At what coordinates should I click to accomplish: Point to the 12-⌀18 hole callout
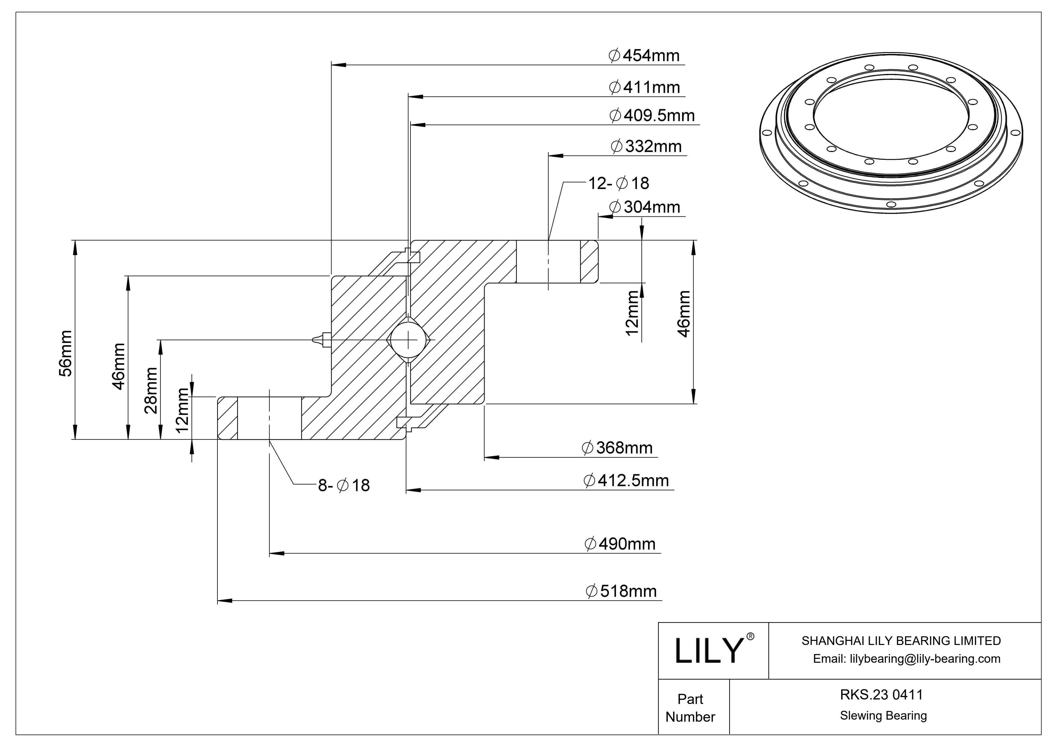pos(618,183)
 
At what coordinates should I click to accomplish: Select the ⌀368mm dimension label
pos(617,448)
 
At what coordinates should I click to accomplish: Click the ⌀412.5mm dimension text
pos(626,481)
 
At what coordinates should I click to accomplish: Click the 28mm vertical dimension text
pos(151,391)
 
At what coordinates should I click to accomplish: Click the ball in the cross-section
pos(408,340)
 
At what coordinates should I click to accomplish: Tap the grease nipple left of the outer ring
pos(321,340)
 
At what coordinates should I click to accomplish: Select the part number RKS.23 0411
pos(881,695)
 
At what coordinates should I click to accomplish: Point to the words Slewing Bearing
pos(883,716)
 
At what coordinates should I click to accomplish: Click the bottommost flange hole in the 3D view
pos(891,204)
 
